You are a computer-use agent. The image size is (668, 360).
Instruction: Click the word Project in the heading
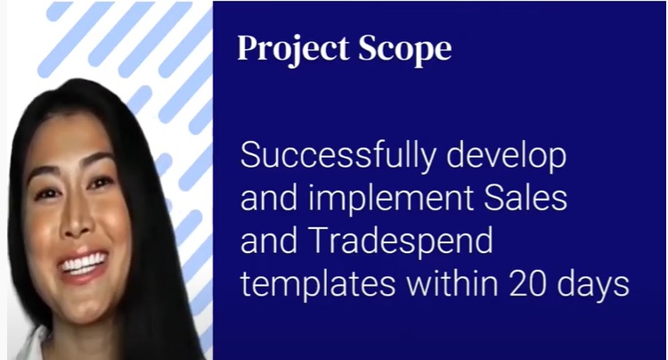tap(294, 50)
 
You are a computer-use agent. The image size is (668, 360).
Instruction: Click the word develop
tap(507, 156)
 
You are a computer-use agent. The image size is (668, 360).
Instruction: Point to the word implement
tap(391, 198)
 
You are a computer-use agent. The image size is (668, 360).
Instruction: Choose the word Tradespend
tap(403, 241)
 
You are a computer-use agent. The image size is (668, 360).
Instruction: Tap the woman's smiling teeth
tap(84, 264)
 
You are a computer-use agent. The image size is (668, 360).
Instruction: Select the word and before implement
tap(269, 198)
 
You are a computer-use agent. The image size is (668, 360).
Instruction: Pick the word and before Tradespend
tap(269, 241)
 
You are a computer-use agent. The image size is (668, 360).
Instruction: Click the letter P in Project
tap(248, 48)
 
